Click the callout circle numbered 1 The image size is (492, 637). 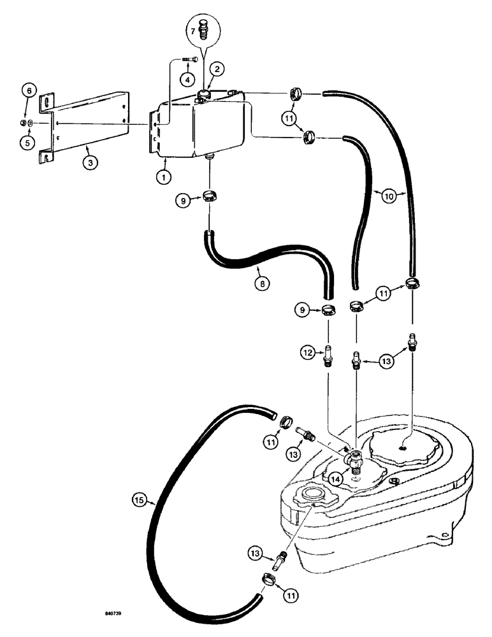pos(163,176)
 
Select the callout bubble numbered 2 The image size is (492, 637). pos(217,69)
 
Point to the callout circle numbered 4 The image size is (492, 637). pos(188,80)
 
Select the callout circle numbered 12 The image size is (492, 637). pos(308,351)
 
